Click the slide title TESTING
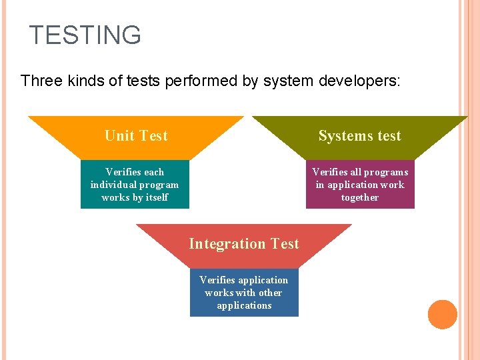[x=85, y=35]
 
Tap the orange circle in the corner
[x=442, y=315]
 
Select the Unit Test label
[x=136, y=136]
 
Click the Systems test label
[x=359, y=136]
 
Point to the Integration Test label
[x=244, y=244]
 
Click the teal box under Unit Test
[x=135, y=185]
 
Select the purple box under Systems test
[x=360, y=185]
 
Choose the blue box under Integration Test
[x=244, y=293]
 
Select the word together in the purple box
[x=360, y=197]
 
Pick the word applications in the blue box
[x=244, y=305]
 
